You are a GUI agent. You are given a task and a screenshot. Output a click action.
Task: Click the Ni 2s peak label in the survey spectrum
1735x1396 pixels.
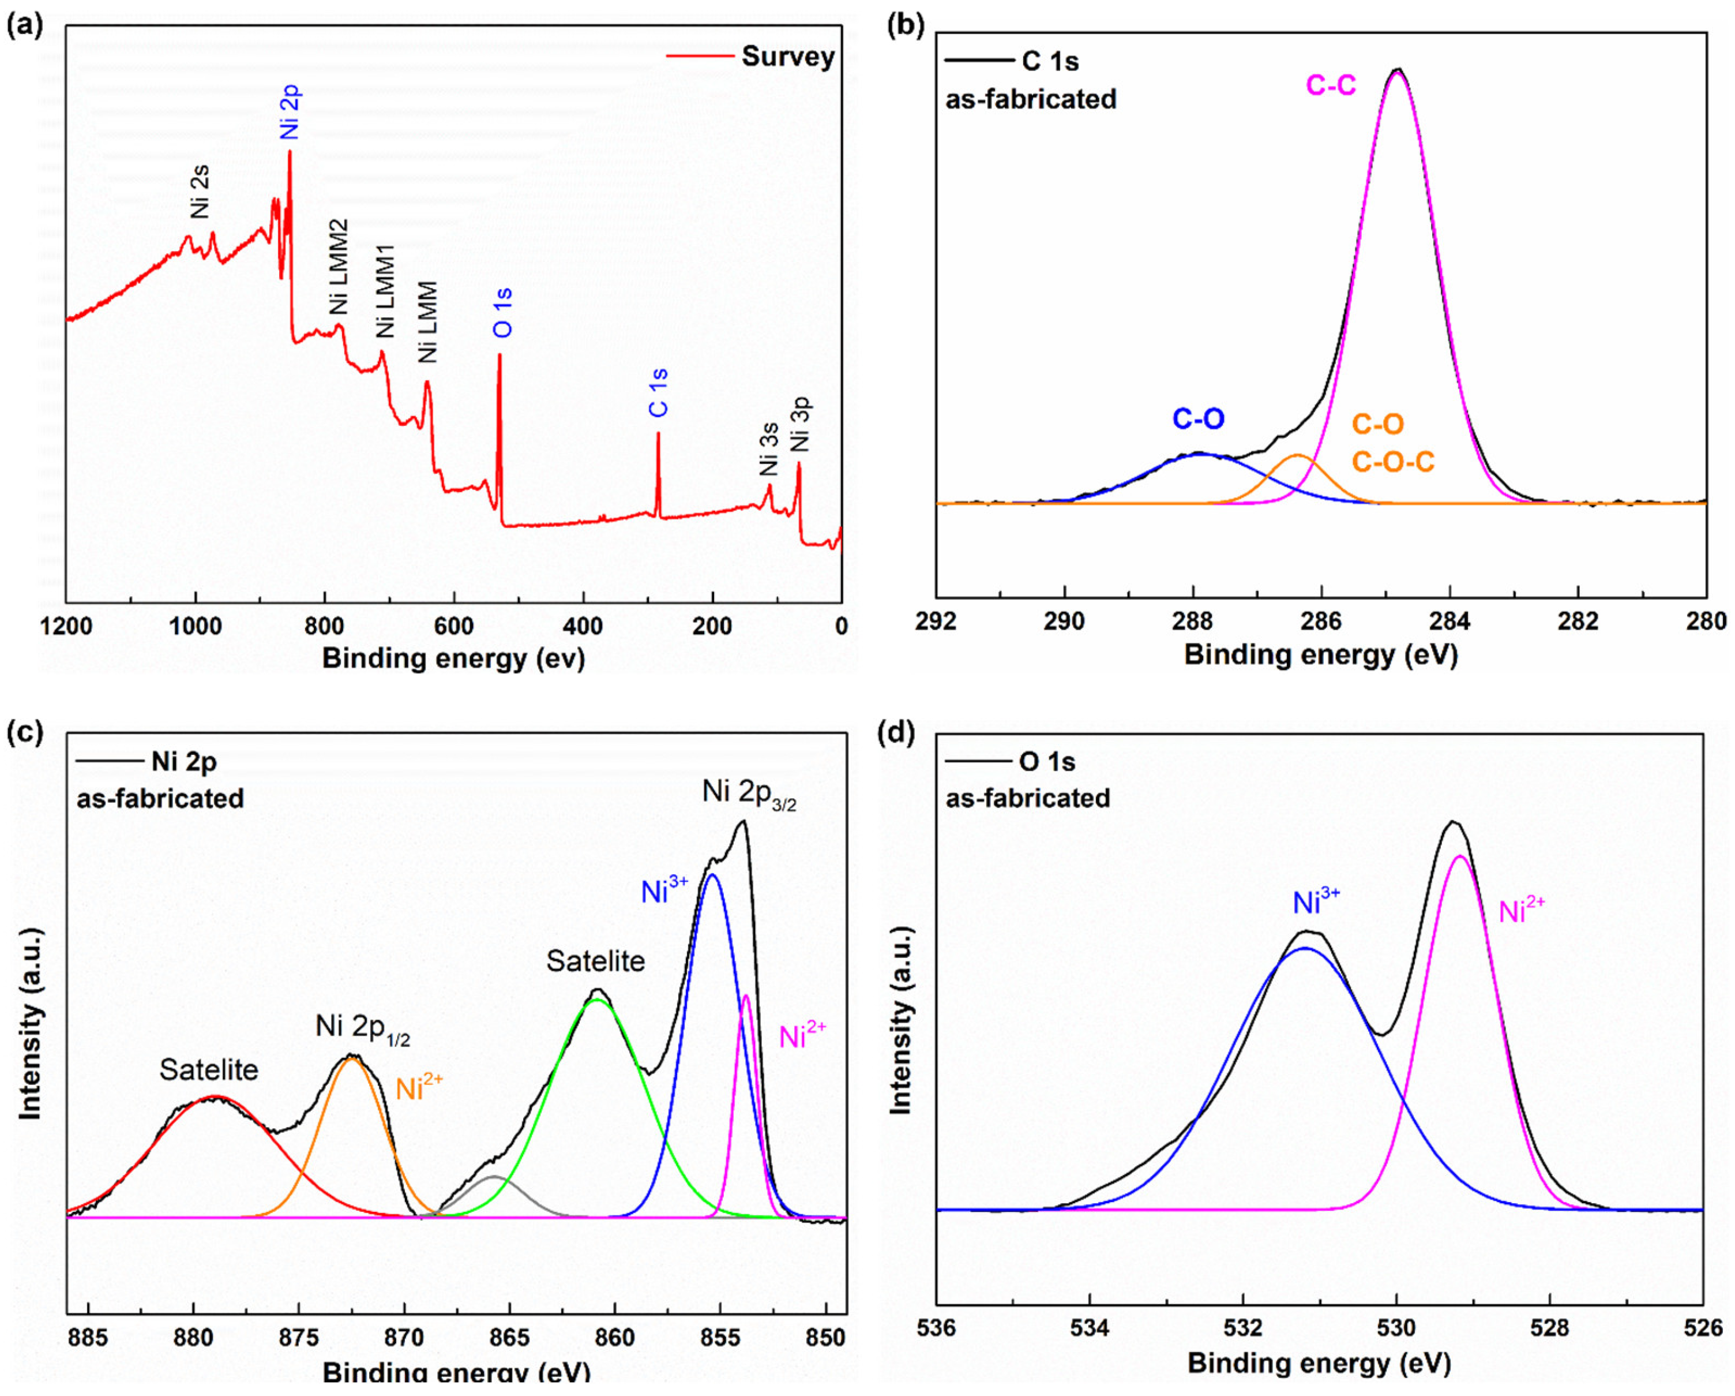[200, 192]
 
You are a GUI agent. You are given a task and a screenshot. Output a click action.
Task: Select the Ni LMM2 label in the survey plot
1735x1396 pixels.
[339, 267]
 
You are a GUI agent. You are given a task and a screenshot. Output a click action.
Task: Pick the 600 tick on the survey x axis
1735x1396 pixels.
[454, 626]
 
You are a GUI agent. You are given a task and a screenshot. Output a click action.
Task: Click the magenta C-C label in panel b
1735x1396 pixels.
[1330, 84]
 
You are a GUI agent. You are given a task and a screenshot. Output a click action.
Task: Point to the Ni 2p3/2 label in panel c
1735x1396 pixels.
[749, 793]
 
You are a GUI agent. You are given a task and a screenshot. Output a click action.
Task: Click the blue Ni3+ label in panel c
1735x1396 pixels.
[664, 891]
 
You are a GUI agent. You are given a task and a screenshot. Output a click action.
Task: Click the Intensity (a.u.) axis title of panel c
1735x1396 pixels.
[31, 1024]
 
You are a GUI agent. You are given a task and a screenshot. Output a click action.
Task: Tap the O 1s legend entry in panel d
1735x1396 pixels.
[1046, 762]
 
